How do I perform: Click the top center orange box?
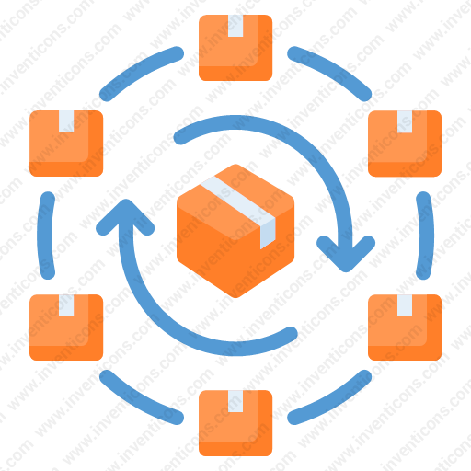[235, 48]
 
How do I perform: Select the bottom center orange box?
[235, 423]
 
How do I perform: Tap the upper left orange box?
[66, 144]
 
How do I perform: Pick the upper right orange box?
[405, 144]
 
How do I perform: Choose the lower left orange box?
[66, 327]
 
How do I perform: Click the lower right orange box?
[405, 327]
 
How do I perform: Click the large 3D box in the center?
[235, 231]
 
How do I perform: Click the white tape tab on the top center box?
[235, 26]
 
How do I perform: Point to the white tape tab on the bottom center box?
[235, 401]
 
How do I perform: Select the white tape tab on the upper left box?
[66, 121]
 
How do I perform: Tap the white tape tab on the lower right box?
[405, 305]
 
